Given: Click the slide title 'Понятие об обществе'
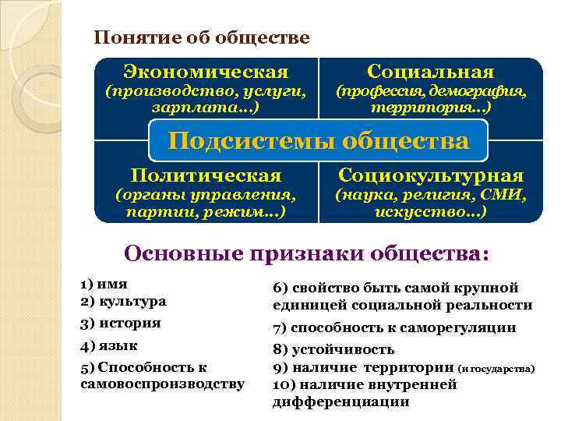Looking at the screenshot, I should tap(201, 37).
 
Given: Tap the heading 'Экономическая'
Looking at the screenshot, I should tap(206, 72).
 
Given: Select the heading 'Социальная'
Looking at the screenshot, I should tap(430, 72).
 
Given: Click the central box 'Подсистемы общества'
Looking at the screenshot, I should tap(319, 141).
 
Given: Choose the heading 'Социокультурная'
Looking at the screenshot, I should tap(430, 175).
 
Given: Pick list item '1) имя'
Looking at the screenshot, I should tap(104, 284).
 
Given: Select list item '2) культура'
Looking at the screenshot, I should tap(123, 300).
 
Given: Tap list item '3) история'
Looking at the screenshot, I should tap(121, 323).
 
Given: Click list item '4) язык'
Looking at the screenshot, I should tap(110, 345).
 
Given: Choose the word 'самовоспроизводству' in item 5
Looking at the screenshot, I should tap(162, 384).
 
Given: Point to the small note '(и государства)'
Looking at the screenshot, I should tap(496, 367).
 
